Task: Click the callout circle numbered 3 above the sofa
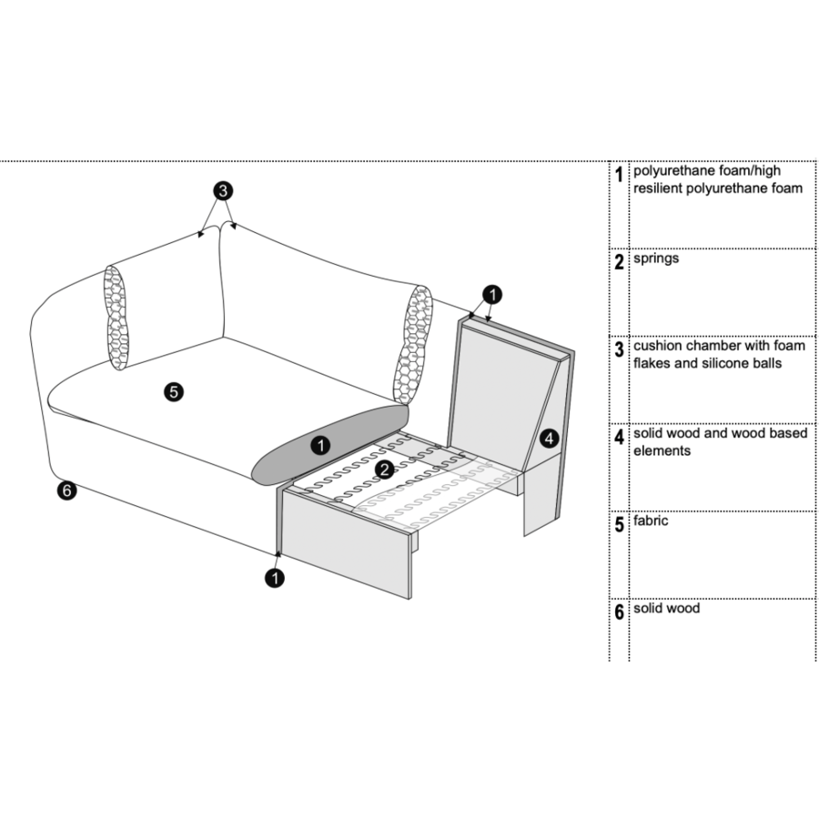coord(223,191)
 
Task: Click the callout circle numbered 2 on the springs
coord(385,470)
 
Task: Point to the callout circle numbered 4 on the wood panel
coord(548,438)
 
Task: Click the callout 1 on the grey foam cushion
coord(319,445)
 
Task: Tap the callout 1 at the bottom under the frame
coord(274,576)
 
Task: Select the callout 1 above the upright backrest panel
coord(491,294)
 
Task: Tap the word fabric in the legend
coord(651,521)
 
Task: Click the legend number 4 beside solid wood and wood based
coord(619,438)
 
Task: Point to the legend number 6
coord(619,612)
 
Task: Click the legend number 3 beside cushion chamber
coord(619,350)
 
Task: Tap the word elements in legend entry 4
coord(662,450)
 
